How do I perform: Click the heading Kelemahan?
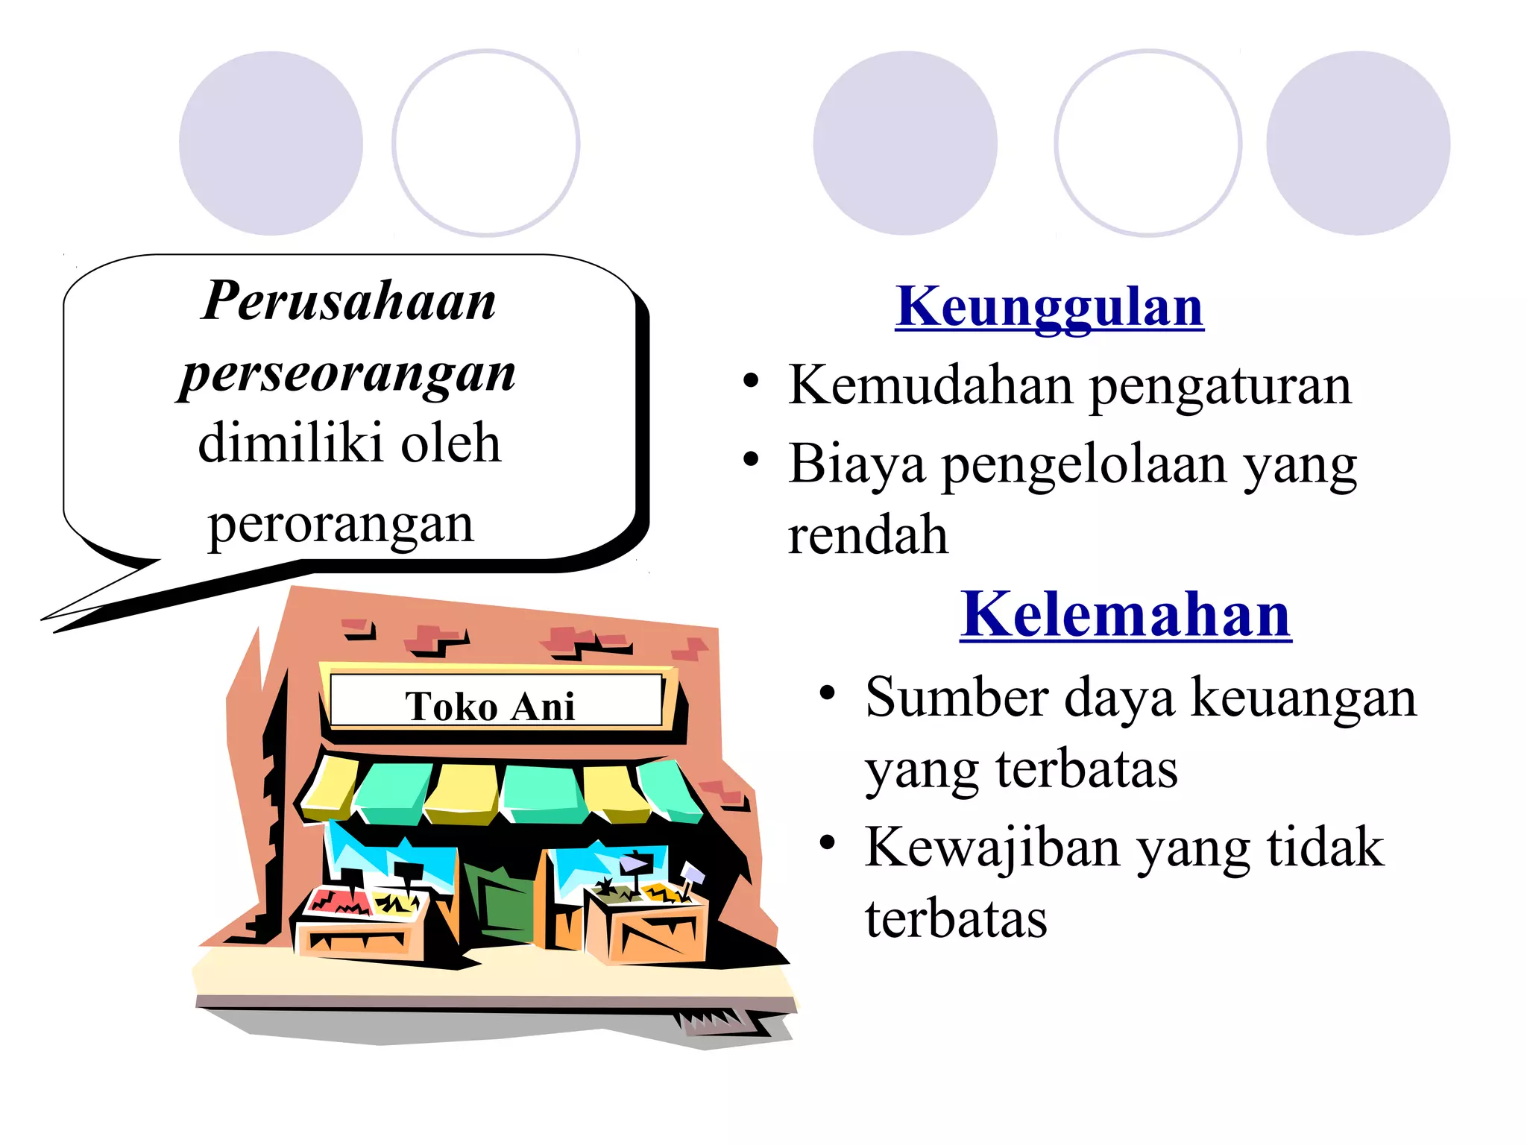click(x=1125, y=614)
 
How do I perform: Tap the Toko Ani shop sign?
click(x=495, y=701)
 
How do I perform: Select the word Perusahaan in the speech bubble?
click(x=349, y=301)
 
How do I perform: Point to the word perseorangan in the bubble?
click(x=347, y=373)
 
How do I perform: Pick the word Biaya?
click(x=857, y=464)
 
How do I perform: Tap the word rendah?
click(x=868, y=535)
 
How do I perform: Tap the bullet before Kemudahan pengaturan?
click(x=751, y=382)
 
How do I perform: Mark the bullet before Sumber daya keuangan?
click(x=827, y=693)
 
